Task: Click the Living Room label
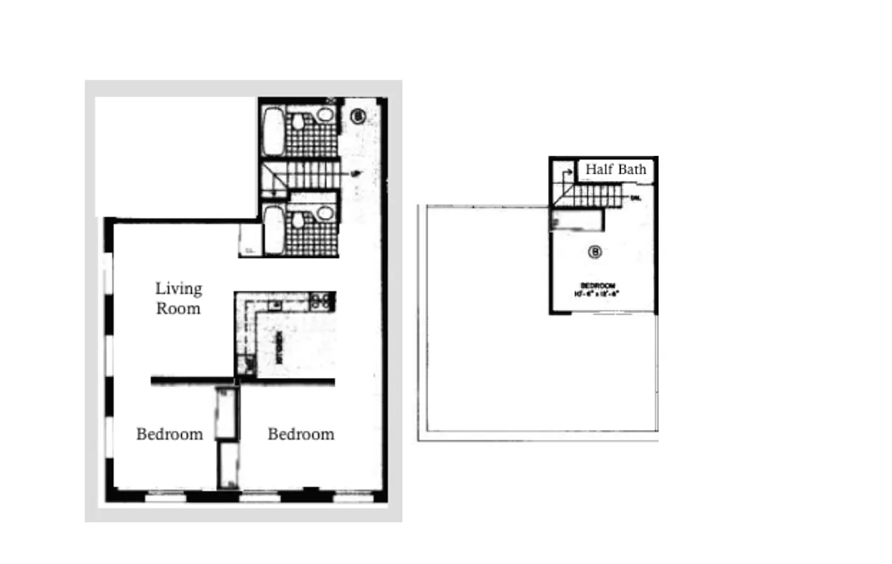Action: (178, 298)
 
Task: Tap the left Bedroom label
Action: (169, 434)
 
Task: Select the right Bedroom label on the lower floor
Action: (300, 434)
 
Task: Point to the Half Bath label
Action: (616, 170)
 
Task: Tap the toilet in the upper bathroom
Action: (299, 123)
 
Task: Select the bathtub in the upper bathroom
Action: (272, 131)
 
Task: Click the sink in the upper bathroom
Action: (325, 114)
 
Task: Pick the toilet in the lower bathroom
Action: (299, 221)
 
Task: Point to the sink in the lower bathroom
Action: (325, 212)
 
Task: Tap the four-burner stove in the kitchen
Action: (322, 301)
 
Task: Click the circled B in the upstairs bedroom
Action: (594, 252)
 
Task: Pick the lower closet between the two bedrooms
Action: (227, 465)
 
